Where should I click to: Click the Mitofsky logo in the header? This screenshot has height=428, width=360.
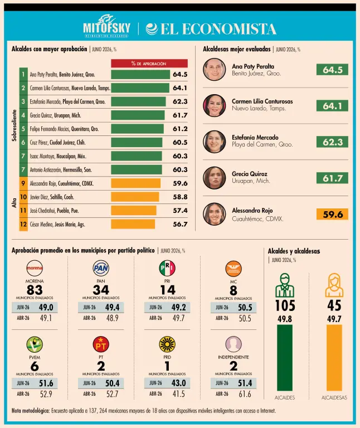[x=106, y=26]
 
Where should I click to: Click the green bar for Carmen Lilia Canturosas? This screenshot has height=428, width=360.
[x=140, y=88]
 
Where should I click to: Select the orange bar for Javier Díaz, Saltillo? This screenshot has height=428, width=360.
[x=135, y=197]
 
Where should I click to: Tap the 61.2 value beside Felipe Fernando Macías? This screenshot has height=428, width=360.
[x=180, y=129]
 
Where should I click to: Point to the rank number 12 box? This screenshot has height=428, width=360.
[x=23, y=225]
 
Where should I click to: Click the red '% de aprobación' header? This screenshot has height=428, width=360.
[x=149, y=64]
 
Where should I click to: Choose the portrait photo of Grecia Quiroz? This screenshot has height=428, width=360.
[x=214, y=178]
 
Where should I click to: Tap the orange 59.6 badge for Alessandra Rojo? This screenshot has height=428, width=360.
[x=332, y=214]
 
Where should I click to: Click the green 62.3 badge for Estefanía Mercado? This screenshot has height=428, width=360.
[x=332, y=142]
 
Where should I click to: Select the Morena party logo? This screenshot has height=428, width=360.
[x=35, y=268]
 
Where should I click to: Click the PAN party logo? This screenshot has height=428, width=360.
[x=101, y=268]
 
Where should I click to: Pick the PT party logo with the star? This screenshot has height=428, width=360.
[x=101, y=344]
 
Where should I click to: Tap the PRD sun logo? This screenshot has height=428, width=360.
[x=167, y=344]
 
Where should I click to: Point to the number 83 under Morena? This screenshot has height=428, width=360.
[x=35, y=290]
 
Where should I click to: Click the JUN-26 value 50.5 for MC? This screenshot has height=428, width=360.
[x=245, y=308]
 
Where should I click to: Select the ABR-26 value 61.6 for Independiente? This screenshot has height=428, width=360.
[x=245, y=394]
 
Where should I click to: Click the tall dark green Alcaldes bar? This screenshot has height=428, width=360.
[x=285, y=358]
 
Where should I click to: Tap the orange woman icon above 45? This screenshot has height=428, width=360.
[x=334, y=285]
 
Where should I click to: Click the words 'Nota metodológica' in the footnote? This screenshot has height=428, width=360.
[x=31, y=411]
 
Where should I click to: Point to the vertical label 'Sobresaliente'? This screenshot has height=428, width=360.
[x=14, y=125]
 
